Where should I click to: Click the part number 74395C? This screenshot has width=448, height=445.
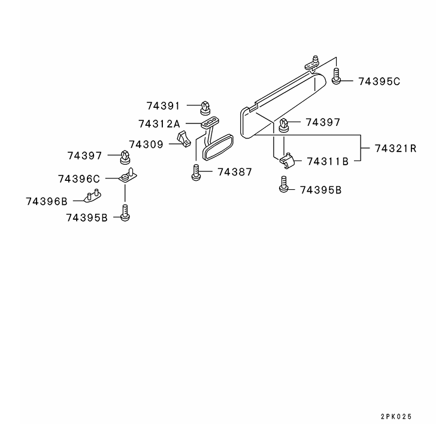[379, 81]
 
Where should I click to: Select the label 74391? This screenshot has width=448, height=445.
[163, 106]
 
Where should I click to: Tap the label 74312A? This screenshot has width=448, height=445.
[159, 124]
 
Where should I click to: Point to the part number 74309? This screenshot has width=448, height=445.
[146, 144]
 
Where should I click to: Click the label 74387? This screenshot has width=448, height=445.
[235, 172]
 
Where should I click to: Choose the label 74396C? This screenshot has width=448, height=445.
[79, 179]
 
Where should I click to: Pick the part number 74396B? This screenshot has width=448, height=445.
[47, 202]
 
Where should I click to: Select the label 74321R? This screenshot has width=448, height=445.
[396, 149]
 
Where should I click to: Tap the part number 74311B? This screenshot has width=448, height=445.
[328, 162]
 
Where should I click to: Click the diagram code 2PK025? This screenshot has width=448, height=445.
[396, 417]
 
